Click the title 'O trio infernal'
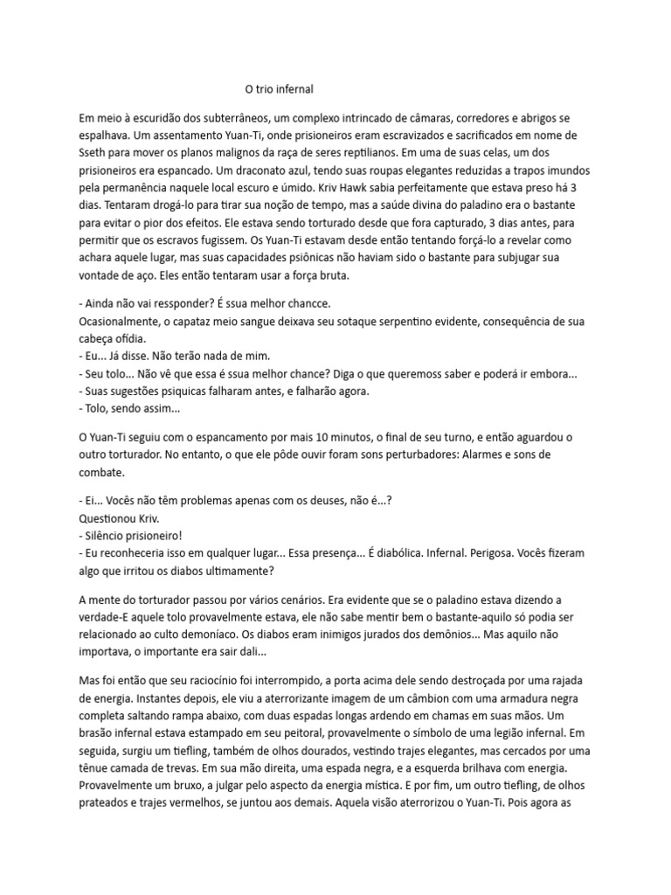(x=278, y=89)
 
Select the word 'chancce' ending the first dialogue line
(x=305, y=302)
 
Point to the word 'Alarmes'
(x=532, y=454)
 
